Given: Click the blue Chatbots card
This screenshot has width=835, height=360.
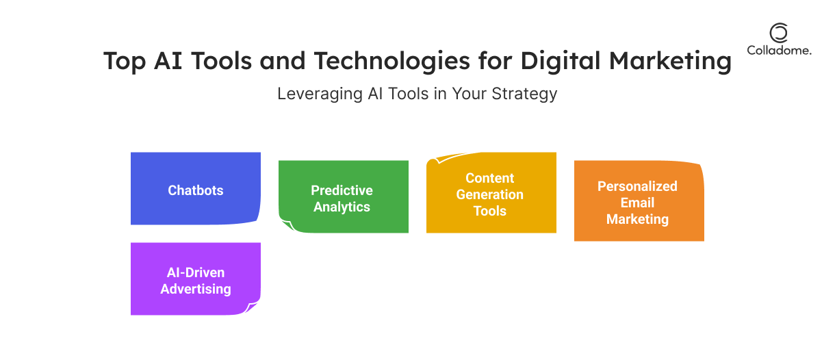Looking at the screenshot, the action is pos(195,188).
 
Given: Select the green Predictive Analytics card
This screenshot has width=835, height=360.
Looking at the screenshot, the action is pos(344,197).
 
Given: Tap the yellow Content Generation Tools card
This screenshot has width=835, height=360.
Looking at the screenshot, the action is pos(491,193).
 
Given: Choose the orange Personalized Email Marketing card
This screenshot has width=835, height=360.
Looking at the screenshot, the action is pos(639,201).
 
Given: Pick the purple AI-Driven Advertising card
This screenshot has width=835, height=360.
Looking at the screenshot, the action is pos(195,279).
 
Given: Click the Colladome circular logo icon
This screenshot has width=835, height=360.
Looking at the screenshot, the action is pos(779,33).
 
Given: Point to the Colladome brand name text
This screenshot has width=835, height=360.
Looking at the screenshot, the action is pos(779,51).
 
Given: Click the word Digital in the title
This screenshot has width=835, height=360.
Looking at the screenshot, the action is pos(561,61).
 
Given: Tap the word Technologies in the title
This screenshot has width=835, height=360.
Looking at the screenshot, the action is pos(391,61).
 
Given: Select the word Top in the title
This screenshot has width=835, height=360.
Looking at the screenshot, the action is pos(125,61).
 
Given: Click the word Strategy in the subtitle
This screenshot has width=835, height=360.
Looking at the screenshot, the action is pos(524,94).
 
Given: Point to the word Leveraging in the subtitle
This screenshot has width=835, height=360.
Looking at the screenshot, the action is pos(320,94).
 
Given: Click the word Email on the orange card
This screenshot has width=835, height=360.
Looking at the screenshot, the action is pos(637,203).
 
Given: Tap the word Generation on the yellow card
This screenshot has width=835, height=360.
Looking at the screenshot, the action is pos(490,194).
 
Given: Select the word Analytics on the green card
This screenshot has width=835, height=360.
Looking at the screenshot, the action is pos(342,207).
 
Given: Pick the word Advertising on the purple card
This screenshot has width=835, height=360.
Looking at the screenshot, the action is pos(196,290).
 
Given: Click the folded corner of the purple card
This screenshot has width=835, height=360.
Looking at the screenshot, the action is pos(251,307).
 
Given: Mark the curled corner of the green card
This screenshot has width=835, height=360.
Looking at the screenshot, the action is pos(287,224).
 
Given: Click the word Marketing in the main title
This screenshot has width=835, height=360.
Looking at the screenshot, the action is pos(670,61).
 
